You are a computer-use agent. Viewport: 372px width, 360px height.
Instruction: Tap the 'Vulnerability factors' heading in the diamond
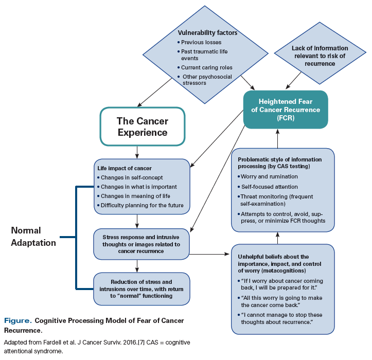click(x=207, y=32)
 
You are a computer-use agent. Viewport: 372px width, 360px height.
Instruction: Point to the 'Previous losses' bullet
click(x=202, y=42)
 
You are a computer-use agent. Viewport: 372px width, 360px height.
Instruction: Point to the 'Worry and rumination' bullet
click(x=270, y=176)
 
